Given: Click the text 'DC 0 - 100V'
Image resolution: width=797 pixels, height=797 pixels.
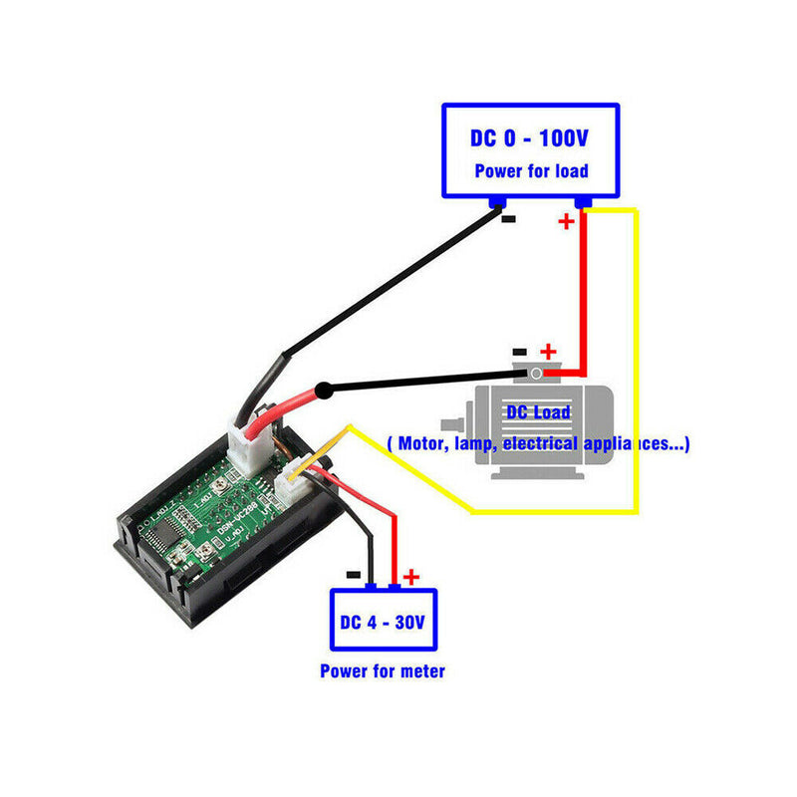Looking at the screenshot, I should (530, 137).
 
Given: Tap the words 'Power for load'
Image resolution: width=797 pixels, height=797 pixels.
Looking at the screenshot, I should (530, 170).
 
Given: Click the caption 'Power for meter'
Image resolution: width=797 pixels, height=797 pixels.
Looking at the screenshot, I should (383, 670).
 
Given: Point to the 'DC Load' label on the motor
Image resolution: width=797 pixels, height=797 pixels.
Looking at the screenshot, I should (538, 412).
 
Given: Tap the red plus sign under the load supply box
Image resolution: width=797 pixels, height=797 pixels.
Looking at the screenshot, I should (566, 221).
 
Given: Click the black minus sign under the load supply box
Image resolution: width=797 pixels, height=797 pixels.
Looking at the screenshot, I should (508, 218).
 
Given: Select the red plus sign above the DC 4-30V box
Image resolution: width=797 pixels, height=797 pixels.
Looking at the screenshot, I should (410, 577).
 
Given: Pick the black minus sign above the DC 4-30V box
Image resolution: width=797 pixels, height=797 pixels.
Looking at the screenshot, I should (353, 575).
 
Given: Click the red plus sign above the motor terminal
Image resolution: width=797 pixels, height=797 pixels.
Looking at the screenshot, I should (547, 352).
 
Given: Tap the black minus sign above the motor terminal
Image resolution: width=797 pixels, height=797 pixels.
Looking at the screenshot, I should (519, 352).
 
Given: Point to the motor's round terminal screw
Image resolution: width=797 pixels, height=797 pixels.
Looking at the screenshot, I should (536, 374).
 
